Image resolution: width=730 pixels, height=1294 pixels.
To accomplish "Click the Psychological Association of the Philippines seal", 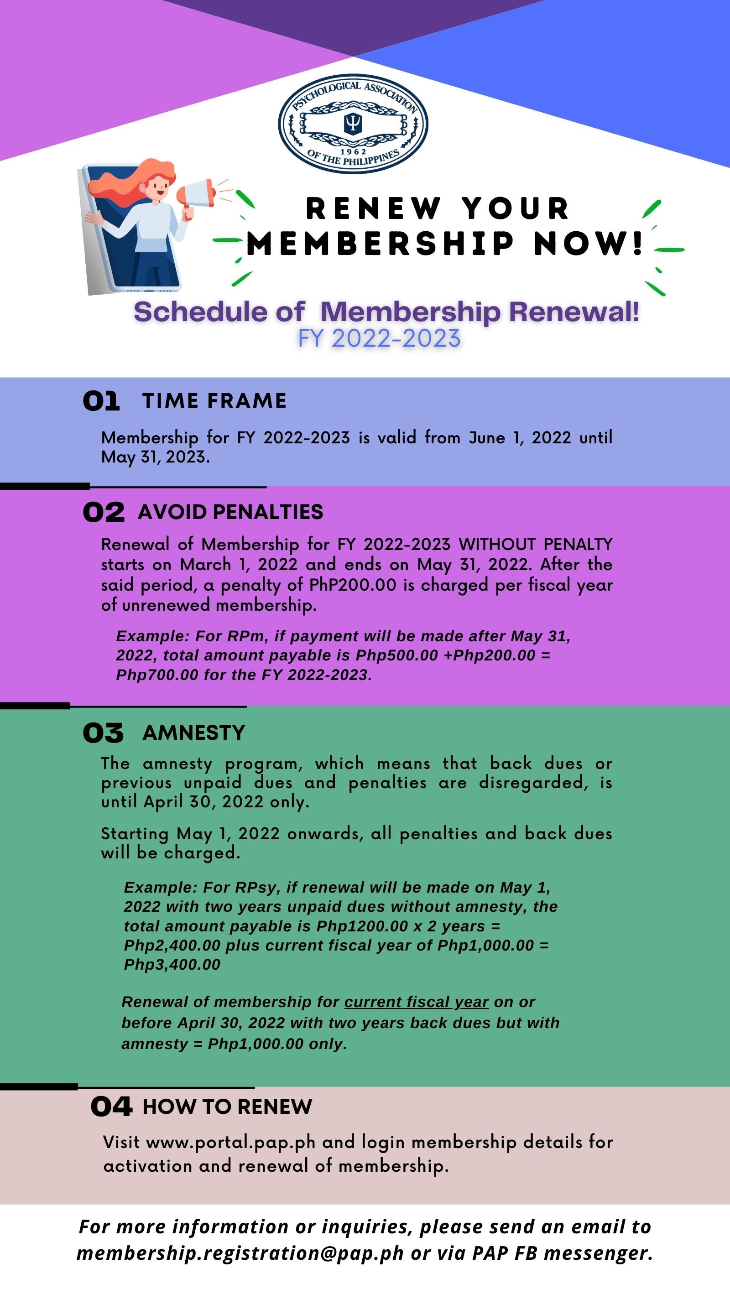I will [353, 124].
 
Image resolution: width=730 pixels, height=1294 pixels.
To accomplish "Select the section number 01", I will [101, 401].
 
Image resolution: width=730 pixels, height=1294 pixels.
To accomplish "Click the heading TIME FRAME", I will [214, 401].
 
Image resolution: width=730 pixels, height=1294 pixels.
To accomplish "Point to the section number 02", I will [104, 512].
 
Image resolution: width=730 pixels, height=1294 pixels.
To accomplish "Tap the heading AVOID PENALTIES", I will [230, 512].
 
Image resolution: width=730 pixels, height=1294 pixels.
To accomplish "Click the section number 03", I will [103, 733].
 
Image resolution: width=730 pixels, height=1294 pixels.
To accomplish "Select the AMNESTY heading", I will [194, 733].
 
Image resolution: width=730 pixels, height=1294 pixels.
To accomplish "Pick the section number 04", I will [111, 1106].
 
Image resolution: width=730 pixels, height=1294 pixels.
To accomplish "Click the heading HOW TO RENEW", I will [228, 1106].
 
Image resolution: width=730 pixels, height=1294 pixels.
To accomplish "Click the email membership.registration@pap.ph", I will [240, 1253].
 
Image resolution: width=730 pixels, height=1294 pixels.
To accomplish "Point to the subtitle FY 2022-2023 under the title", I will [379, 338].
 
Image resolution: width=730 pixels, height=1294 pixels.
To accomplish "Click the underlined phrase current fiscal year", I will [417, 1002].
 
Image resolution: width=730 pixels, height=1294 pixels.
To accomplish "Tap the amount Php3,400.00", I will [172, 965].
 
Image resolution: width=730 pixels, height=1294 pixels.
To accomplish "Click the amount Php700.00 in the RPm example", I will [157, 675].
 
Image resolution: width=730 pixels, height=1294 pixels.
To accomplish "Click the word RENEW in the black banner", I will [373, 208].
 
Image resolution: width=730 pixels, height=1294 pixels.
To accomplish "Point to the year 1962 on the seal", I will [353, 151].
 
